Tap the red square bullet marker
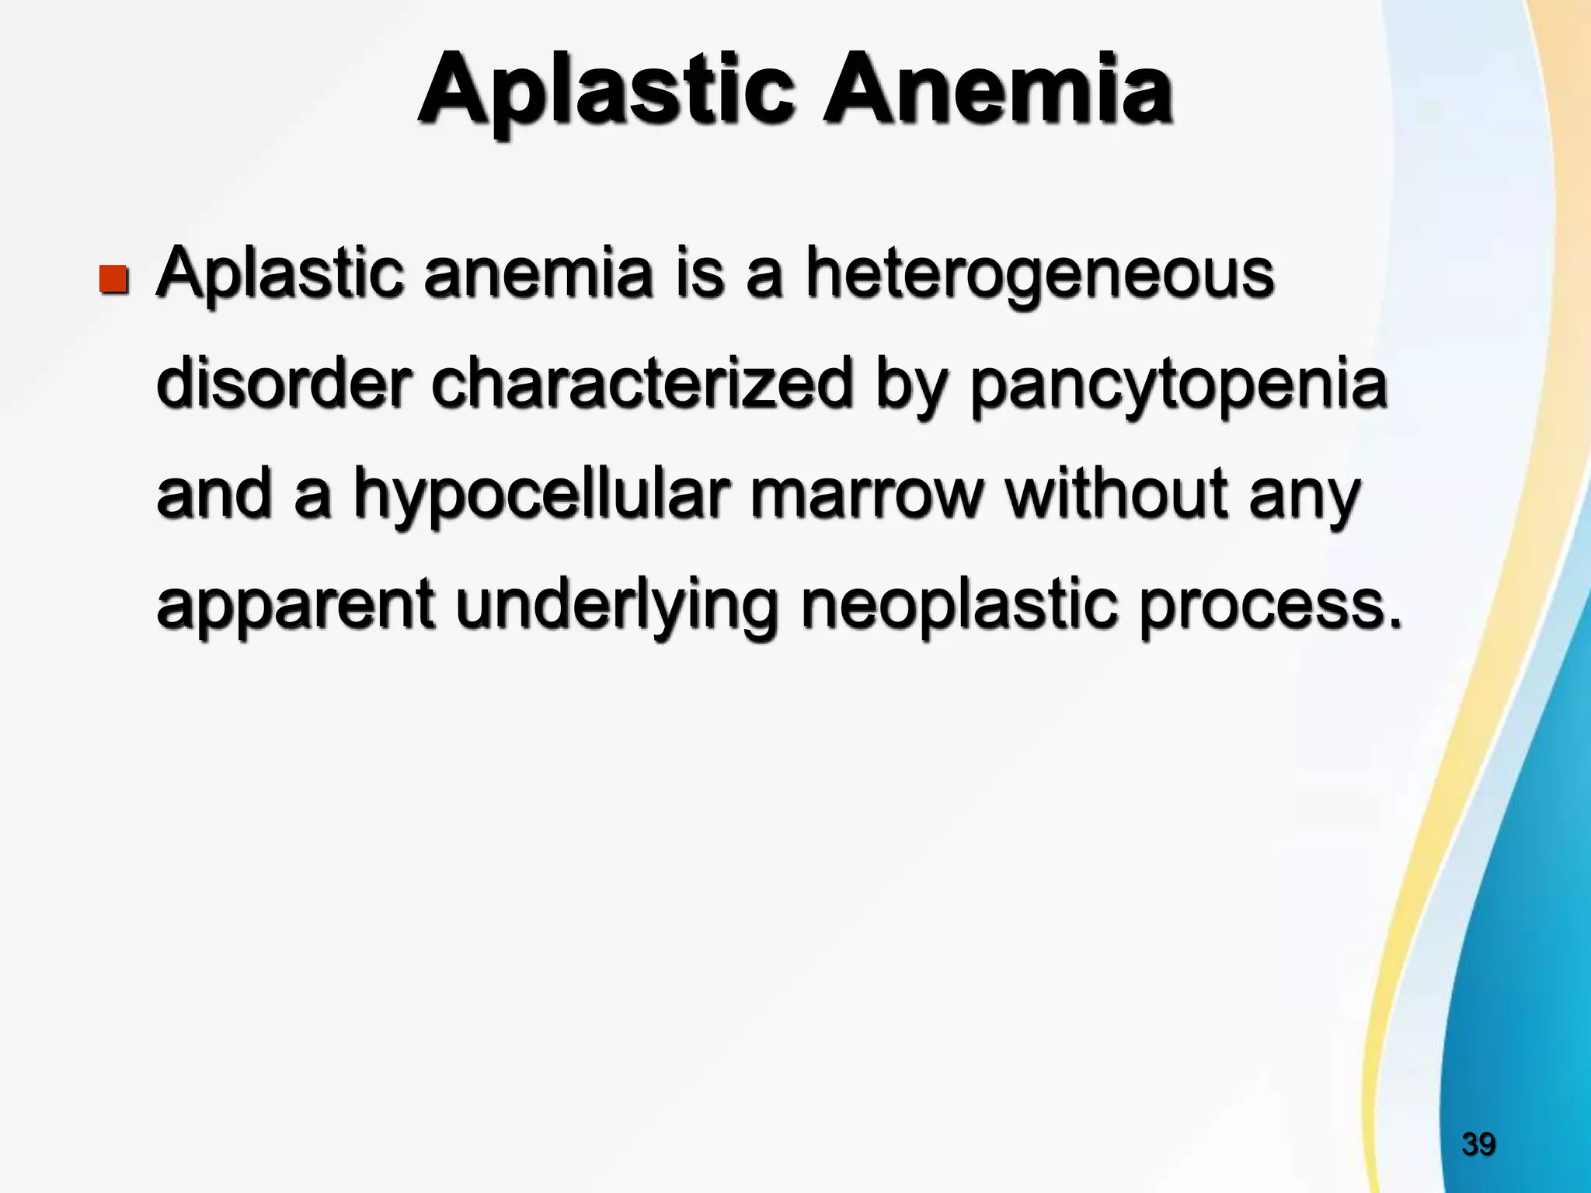113,278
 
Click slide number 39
1478,1144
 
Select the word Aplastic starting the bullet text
280,276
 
